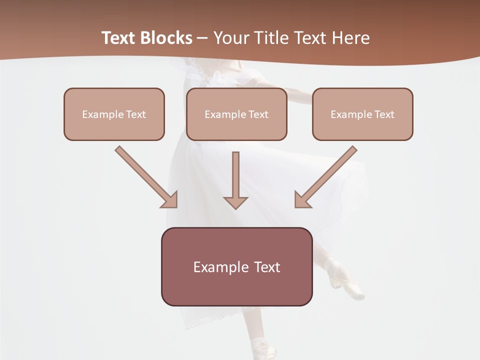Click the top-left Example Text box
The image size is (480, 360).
114,114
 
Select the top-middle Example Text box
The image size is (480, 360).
236,114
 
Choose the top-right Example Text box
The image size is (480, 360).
362,114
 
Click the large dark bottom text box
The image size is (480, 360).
236,267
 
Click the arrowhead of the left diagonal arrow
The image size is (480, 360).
170,200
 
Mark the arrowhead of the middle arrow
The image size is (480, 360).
236,202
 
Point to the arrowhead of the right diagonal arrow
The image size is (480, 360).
302,200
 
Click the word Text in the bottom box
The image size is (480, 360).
266,267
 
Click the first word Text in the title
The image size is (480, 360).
118,38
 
